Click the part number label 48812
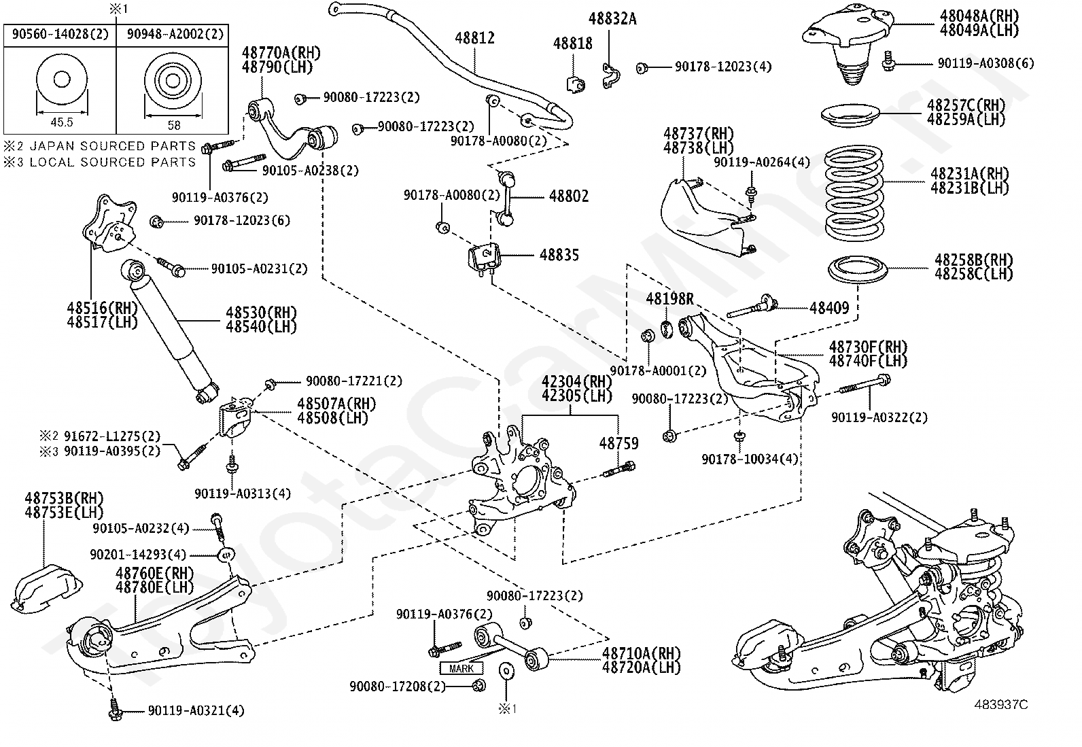click(x=475, y=38)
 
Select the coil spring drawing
click(x=854, y=193)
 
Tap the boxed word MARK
click(x=461, y=669)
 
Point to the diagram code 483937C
click(x=1001, y=705)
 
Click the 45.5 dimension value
click(x=62, y=123)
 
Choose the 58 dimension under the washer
click(x=174, y=126)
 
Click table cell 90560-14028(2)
click(x=60, y=34)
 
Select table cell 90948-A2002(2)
click(x=175, y=34)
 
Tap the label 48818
click(x=573, y=44)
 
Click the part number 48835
click(x=559, y=255)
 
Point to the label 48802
click(x=569, y=196)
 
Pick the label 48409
click(x=829, y=308)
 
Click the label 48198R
click(x=670, y=299)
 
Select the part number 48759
click(x=618, y=443)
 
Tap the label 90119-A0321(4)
click(x=196, y=711)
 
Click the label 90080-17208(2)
click(x=398, y=687)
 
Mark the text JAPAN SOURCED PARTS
click(x=113, y=146)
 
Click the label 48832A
click(x=612, y=19)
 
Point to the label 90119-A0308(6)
click(x=986, y=63)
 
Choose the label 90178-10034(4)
click(x=750, y=459)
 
